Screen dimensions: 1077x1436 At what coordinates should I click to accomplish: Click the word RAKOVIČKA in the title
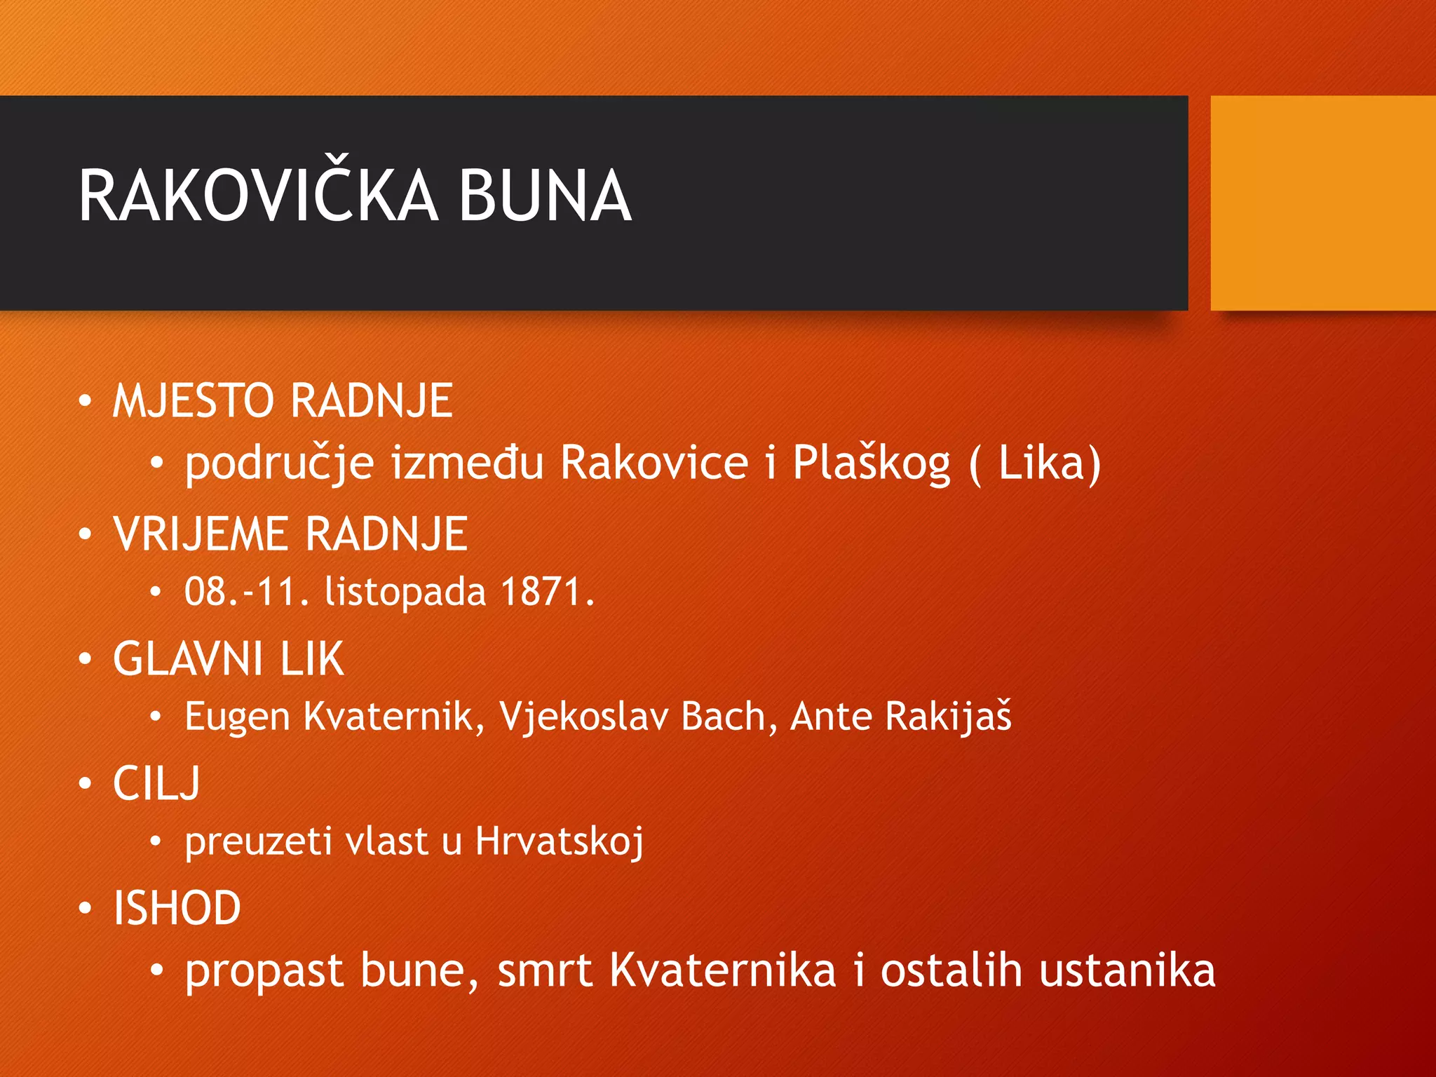(258, 196)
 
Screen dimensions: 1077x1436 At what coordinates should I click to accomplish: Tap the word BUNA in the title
(545, 196)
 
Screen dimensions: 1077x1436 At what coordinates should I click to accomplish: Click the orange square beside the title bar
(1322, 203)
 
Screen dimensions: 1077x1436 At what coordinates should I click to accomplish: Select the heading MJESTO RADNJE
(283, 401)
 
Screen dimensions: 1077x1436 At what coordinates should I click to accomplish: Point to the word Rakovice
(654, 463)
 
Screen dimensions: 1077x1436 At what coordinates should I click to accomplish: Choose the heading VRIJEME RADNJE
(290, 534)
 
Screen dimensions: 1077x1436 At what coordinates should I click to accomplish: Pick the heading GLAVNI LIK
(229, 659)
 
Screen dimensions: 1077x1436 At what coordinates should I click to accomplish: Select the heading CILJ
(156, 783)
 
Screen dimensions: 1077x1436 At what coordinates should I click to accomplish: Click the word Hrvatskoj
(559, 841)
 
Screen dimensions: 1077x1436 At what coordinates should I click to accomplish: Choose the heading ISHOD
(177, 908)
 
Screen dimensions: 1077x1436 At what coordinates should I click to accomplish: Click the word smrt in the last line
(545, 971)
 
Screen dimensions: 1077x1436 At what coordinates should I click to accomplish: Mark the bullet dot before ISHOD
(85, 909)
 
